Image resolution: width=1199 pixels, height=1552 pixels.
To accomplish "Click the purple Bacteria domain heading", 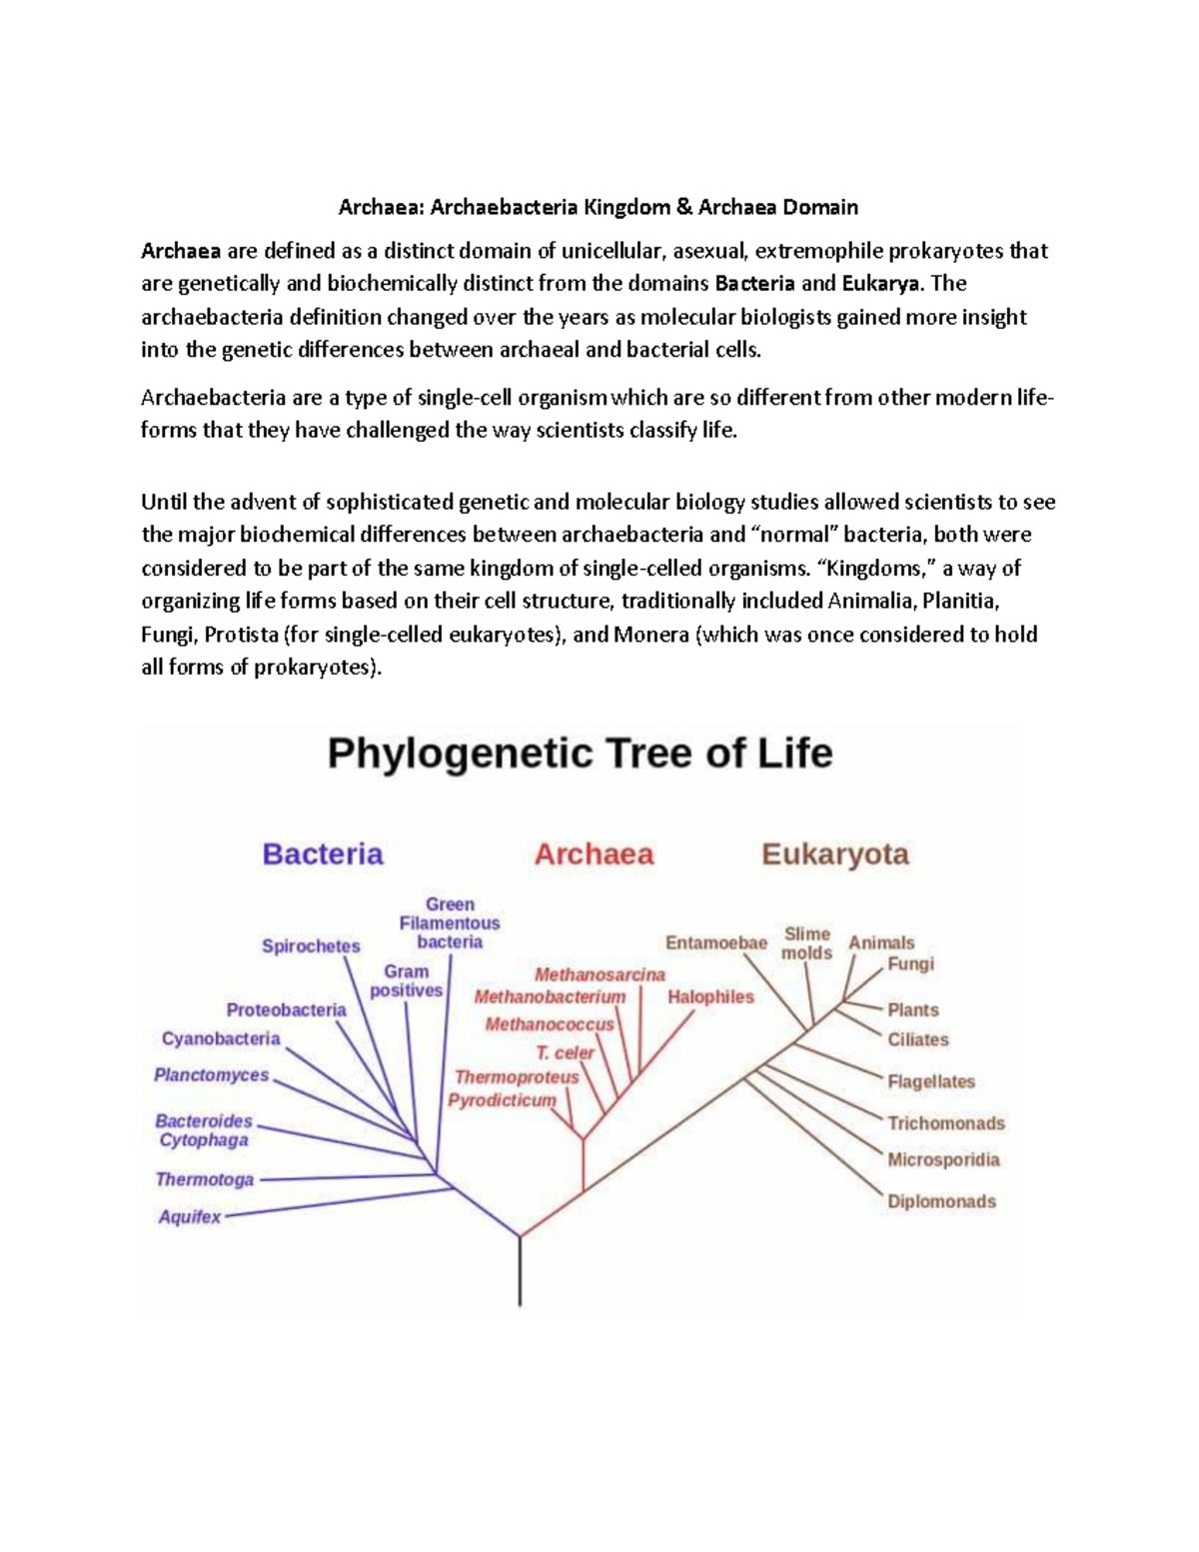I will [x=322, y=854].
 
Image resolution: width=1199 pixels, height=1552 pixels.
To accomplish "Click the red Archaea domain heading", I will [x=594, y=854].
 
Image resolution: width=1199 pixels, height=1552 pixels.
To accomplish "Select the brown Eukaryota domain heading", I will [x=835, y=854].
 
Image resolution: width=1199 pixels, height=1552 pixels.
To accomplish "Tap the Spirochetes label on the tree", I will [x=311, y=945].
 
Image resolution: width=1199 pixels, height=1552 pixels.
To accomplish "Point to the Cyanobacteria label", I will [x=221, y=1038].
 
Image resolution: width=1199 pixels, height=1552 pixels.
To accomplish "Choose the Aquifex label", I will [x=190, y=1216].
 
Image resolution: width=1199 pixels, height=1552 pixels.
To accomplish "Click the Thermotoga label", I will [x=205, y=1179].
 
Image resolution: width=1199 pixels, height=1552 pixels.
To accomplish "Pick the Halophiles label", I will [x=710, y=996].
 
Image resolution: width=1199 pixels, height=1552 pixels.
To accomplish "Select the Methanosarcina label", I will [x=599, y=974].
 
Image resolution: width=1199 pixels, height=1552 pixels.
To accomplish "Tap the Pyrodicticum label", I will [x=502, y=1100].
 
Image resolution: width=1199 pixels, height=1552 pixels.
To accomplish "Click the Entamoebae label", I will [x=716, y=942].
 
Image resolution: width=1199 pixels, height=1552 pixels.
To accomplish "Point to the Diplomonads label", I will [x=941, y=1201].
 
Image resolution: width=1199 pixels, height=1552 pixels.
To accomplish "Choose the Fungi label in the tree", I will [x=910, y=963].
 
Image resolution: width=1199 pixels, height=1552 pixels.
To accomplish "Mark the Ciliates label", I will [x=918, y=1039].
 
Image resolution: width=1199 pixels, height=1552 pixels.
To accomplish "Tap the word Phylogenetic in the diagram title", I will [x=460, y=753].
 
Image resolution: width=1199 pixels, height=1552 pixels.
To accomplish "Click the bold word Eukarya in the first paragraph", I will [x=879, y=283].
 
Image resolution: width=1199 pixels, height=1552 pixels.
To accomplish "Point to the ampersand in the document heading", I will [x=683, y=208].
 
